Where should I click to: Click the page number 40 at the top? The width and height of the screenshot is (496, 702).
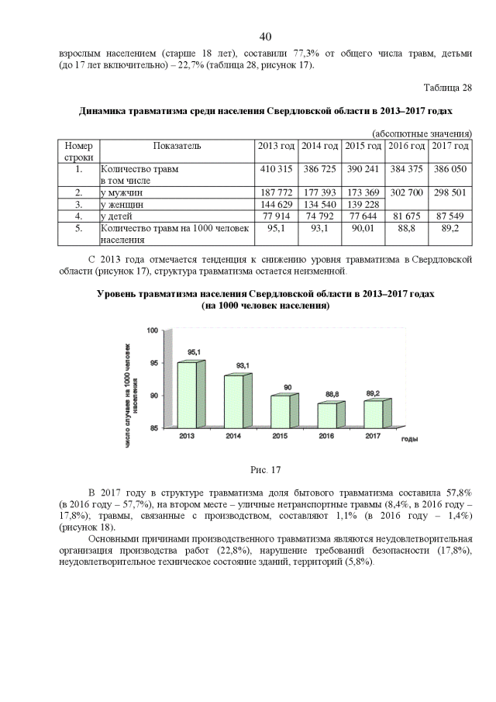pos(265,37)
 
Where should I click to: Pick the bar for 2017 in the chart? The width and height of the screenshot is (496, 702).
pos(372,413)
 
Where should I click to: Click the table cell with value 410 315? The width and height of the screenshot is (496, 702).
pos(276,168)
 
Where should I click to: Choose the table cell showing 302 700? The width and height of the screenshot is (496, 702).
pos(406,191)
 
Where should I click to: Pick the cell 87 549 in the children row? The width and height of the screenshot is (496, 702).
pos(449,216)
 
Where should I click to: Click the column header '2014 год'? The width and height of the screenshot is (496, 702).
pos(320,146)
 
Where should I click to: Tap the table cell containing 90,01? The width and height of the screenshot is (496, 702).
pos(363,229)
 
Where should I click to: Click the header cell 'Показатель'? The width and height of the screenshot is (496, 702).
pos(177,146)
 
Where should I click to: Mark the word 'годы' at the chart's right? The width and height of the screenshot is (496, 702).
pos(410,439)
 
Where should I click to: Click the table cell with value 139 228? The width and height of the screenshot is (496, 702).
pos(363,204)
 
